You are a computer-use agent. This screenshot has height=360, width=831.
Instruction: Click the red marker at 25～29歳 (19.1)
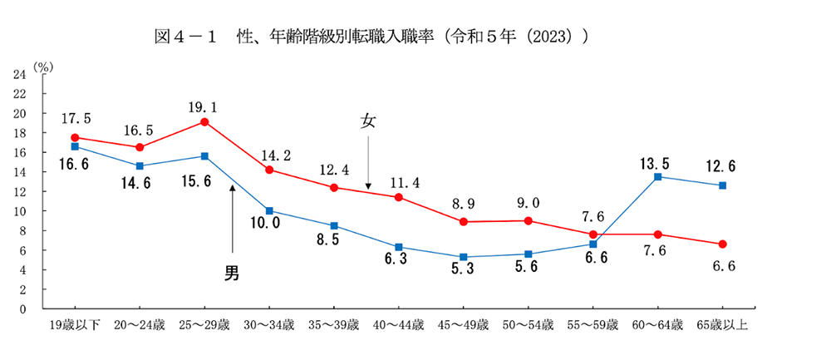pos(204,122)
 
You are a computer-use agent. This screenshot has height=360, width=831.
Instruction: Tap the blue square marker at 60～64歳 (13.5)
pos(657,177)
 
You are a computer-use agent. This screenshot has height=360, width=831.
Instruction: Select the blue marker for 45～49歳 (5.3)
pos(463,257)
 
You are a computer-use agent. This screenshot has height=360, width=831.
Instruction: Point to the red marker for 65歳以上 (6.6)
pos(722,244)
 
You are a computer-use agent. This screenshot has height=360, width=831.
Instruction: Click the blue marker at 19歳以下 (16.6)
pos(75,146)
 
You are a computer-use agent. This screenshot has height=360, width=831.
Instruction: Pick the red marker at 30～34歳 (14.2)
pos(269,170)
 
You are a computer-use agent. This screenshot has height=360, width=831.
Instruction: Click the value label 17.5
pos(75,119)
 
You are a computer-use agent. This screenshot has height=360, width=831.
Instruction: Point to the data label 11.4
pos(399,181)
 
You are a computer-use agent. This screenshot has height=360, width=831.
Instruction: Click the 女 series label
pos(367,121)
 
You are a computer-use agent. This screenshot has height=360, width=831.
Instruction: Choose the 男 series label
pos(232,272)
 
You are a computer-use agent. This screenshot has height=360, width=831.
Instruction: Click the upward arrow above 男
pos(233,218)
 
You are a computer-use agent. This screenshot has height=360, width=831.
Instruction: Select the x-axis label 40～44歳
pos(399,324)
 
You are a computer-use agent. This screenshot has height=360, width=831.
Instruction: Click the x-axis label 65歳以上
pos(722,324)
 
